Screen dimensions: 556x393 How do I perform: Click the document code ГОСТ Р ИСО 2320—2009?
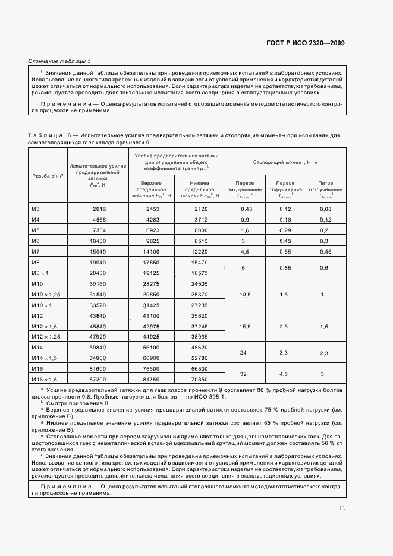coord(305,43)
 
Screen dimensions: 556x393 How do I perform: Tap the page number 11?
coord(341,508)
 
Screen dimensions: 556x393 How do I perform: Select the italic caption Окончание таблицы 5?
coord(60,61)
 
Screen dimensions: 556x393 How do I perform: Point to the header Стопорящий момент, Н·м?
coord(285,162)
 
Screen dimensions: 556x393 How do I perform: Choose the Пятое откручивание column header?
coord(325,188)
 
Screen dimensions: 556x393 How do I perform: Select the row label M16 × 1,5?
coord(43,379)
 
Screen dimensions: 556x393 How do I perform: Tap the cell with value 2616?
coord(99,209)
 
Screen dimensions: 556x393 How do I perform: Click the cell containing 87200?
coord(98,379)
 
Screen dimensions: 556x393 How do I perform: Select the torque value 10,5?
coord(244,295)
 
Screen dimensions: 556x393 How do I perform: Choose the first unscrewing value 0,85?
coord(285,267)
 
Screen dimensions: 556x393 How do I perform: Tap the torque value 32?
coord(244,374)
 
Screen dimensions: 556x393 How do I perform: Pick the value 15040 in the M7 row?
coord(98,251)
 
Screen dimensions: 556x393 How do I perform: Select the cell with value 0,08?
coord(325,208)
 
